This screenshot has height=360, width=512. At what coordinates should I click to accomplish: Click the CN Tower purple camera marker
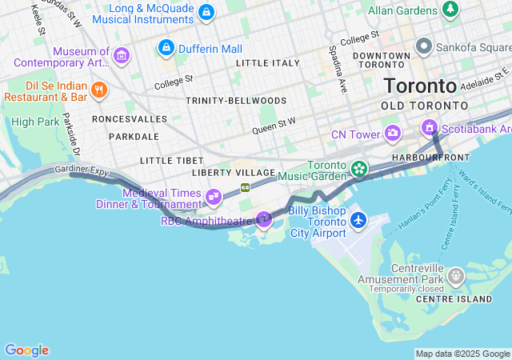(x=393, y=132)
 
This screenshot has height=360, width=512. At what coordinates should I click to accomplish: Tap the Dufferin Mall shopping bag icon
(x=166, y=49)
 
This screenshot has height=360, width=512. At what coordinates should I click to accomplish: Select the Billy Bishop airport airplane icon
(x=358, y=218)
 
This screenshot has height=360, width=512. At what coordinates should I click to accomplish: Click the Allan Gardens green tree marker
(x=451, y=10)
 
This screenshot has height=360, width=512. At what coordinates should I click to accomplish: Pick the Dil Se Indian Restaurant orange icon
(x=99, y=90)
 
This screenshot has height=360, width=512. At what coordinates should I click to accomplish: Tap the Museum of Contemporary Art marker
(x=121, y=55)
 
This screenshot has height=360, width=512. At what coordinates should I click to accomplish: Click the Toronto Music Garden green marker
(x=359, y=168)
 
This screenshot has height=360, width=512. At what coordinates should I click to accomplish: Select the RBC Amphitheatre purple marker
(x=264, y=218)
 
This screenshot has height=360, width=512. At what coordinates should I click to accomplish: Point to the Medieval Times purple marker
(x=214, y=196)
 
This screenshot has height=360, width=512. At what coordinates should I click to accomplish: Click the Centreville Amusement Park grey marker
(x=455, y=276)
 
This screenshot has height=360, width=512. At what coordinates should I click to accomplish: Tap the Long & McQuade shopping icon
(x=206, y=12)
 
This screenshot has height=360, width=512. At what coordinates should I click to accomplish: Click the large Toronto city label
(x=420, y=86)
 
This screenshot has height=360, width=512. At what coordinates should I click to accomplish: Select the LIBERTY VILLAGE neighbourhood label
(x=234, y=173)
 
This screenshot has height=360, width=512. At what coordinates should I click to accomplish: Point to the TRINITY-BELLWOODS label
(x=226, y=101)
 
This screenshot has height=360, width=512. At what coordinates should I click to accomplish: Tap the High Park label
(x=34, y=122)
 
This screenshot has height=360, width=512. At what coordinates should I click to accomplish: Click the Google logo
(x=26, y=350)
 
